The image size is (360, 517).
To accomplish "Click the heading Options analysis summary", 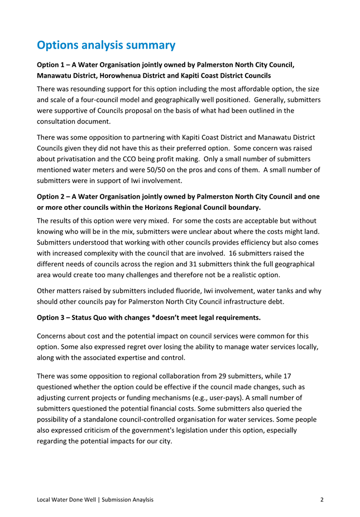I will pyautogui.click(x=106, y=45).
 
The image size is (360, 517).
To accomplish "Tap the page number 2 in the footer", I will pyautogui.click(x=322, y=499).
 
